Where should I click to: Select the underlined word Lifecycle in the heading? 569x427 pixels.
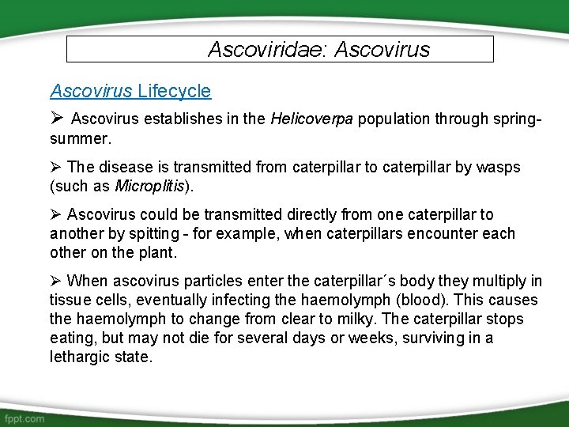click(174, 91)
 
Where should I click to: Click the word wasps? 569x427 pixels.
click(499, 168)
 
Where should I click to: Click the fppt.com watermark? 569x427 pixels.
click(24, 418)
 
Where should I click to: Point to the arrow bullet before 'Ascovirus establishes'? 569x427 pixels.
click(56, 119)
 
